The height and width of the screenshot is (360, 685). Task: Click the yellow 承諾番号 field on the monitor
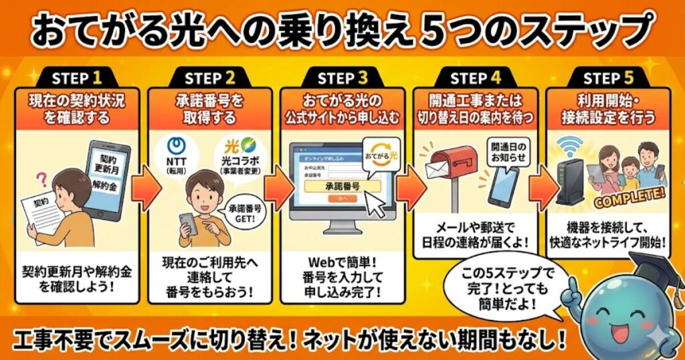click(342, 186)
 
